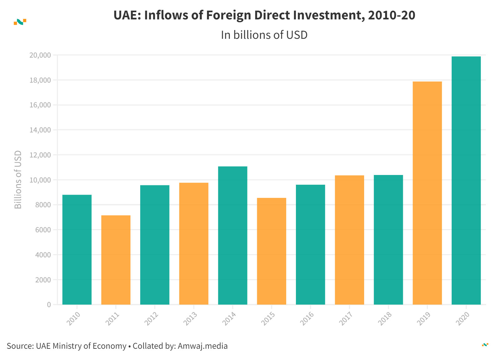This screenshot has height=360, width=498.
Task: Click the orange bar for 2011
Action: (x=116, y=260)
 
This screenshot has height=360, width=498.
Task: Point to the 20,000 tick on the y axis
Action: (x=40, y=55)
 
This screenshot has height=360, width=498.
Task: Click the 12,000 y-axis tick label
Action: (x=40, y=155)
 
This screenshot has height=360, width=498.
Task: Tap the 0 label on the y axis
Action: (x=49, y=305)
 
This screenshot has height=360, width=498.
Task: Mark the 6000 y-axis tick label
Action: (x=43, y=230)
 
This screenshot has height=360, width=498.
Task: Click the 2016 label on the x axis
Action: (x=307, y=318)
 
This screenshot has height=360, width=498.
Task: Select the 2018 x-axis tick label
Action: (x=385, y=318)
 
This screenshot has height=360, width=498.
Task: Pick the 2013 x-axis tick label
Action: (x=190, y=318)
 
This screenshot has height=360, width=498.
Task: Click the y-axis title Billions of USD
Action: (x=18, y=180)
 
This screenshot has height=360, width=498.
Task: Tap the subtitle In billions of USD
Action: (x=264, y=35)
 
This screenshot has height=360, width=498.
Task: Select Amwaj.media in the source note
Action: (x=203, y=346)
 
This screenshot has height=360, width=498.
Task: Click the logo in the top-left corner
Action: (x=20, y=22)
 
